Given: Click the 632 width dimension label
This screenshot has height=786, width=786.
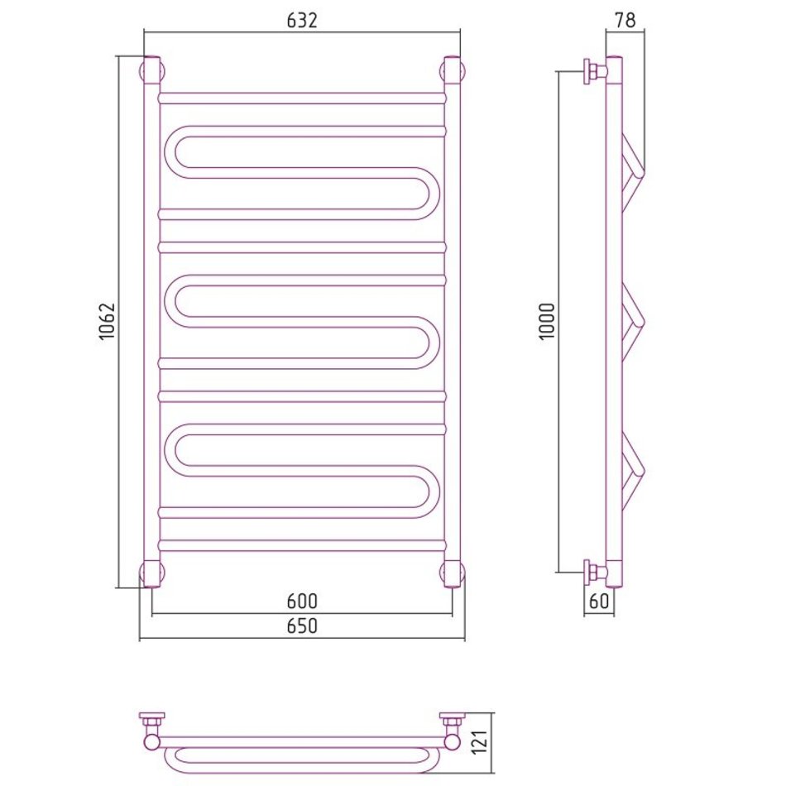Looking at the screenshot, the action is click(302, 20).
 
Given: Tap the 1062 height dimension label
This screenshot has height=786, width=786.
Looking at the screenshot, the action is click(107, 321).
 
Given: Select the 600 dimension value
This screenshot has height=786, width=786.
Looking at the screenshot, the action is click(302, 601).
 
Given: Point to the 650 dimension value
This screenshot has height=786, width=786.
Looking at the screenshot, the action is click(302, 625).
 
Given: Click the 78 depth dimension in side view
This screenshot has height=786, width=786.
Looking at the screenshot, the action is click(625, 20).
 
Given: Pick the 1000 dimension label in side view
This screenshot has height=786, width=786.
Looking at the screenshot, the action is click(547, 321).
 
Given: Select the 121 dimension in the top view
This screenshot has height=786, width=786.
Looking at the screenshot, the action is click(480, 742).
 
